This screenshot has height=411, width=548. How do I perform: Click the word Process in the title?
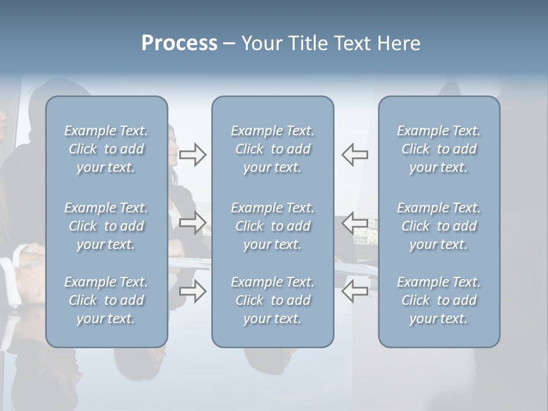179,43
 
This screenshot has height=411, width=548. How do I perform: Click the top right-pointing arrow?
192,155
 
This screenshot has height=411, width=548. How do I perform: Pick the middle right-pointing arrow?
192,223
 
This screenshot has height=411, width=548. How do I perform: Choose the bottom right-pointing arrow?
192,291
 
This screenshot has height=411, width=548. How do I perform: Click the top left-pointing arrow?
354,155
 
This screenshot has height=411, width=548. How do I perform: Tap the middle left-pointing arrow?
354,223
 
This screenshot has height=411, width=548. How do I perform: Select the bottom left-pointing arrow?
354,291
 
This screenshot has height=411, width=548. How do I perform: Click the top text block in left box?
106,149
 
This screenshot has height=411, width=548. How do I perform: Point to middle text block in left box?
106,226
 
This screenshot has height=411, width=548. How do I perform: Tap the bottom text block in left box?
106,300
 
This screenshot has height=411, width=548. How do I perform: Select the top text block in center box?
272,149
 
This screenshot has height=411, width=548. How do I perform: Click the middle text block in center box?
272,226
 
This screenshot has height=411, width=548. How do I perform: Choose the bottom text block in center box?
272,300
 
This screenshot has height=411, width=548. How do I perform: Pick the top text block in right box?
439,149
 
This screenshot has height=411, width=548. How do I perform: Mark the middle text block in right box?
439,226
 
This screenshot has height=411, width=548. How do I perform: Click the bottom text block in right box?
439,300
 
